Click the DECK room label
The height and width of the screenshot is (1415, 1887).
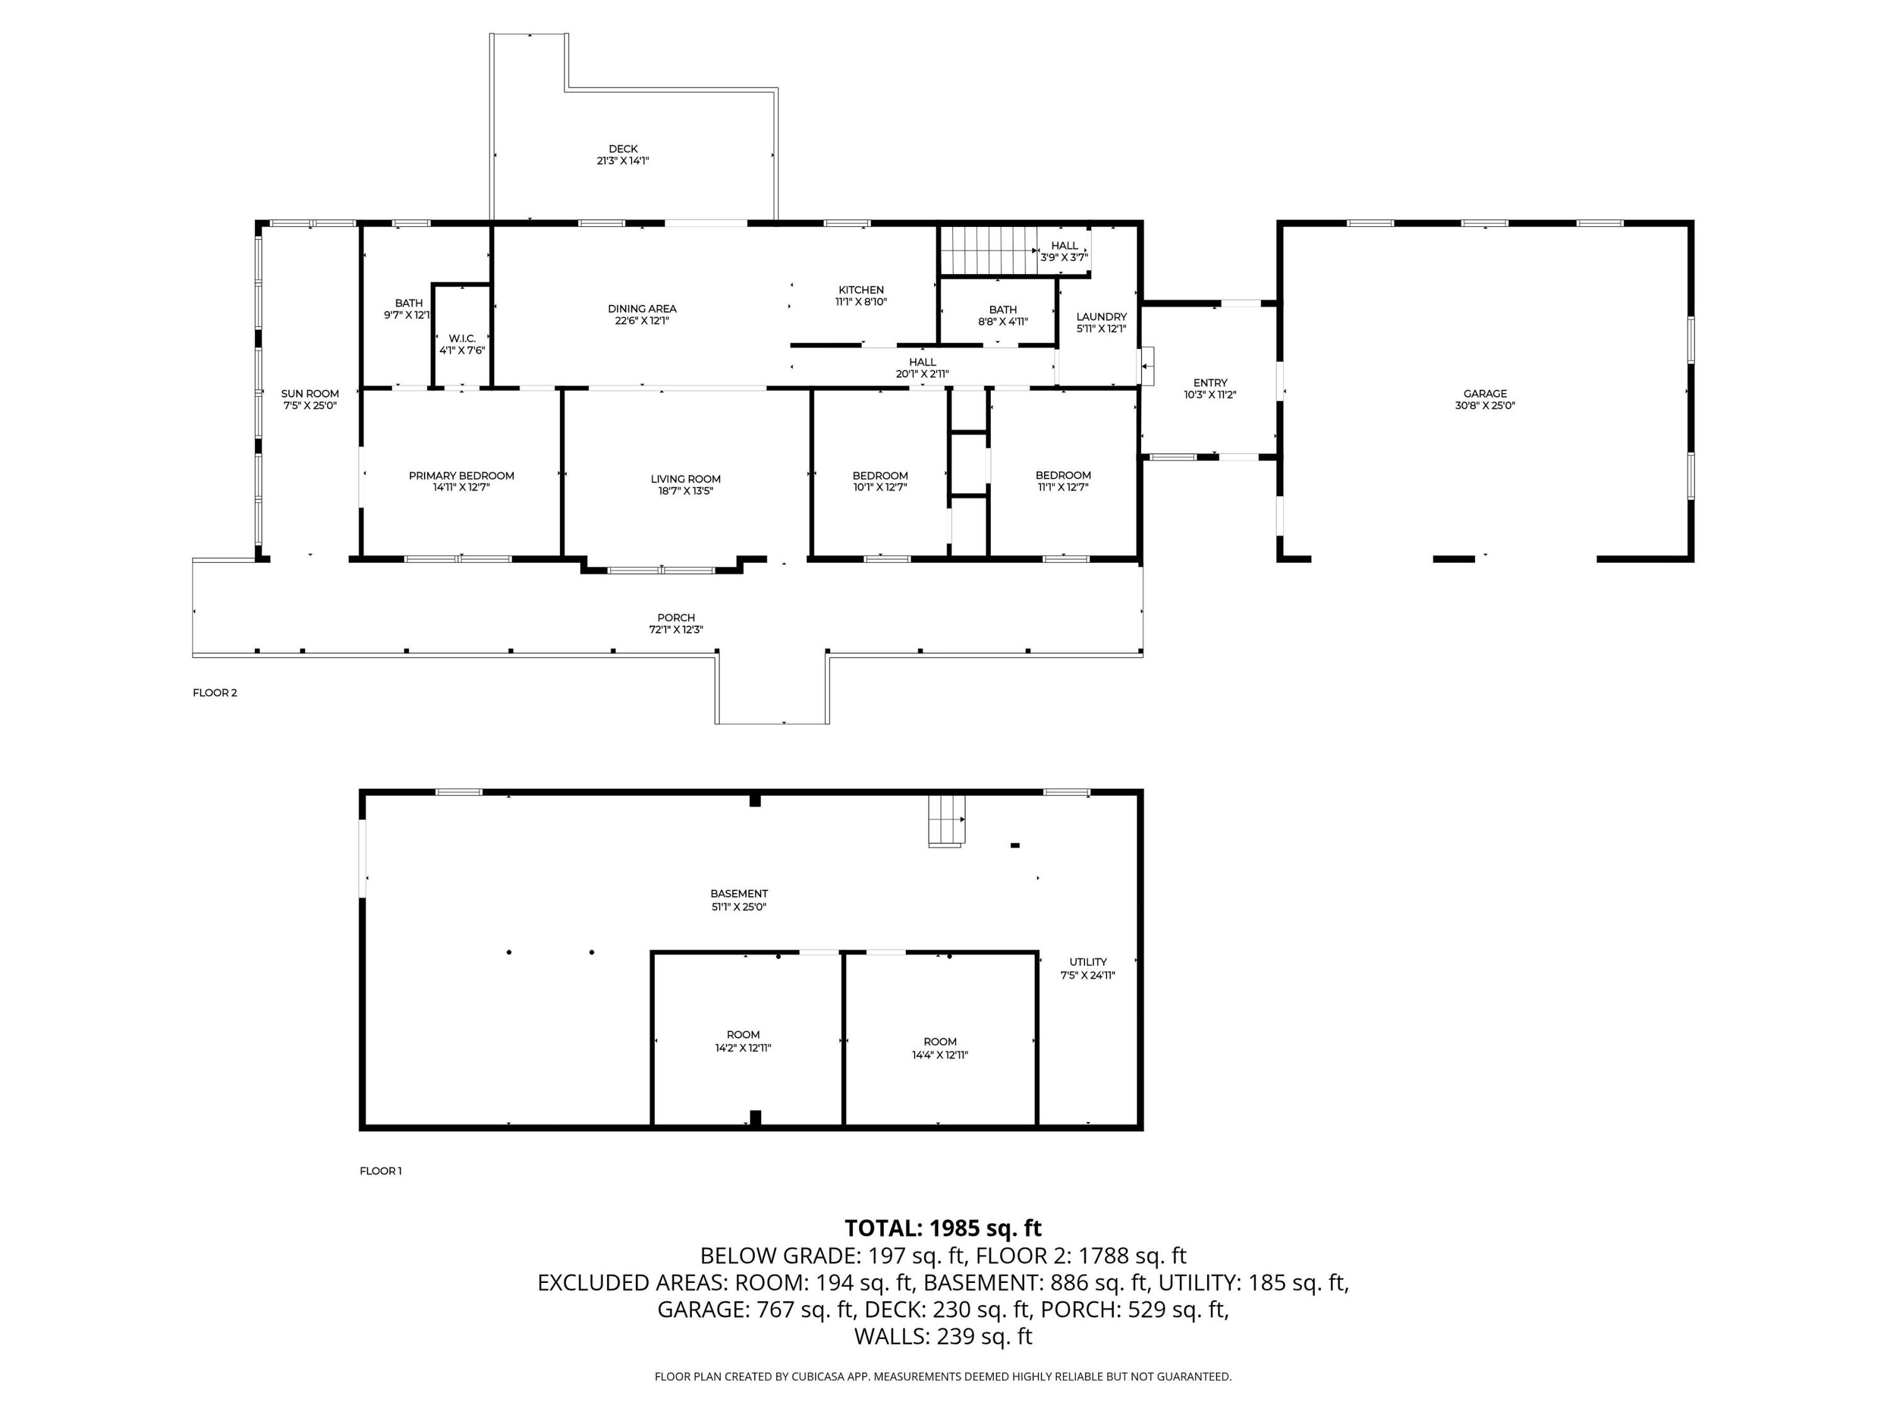point(623,149)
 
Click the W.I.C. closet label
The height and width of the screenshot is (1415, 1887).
point(462,338)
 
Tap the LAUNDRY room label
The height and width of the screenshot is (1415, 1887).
point(1101,316)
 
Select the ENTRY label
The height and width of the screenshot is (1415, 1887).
point(1211,383)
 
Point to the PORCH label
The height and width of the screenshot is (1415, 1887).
point(676,618)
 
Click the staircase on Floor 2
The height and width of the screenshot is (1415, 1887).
point(988,251)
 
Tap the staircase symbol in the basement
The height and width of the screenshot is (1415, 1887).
point(946,821)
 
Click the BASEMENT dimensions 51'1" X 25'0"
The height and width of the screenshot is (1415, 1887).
point(739,907)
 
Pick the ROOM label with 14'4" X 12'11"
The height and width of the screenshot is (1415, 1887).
point(940,1041)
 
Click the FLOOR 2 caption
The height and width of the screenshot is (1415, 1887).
point(215,692)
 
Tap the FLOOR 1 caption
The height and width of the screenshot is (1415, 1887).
point(381,1171)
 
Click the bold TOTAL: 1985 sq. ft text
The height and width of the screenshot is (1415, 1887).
point(943,1228)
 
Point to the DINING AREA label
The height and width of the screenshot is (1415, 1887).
point(642,309)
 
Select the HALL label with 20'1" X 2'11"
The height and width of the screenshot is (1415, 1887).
point(922,362)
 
